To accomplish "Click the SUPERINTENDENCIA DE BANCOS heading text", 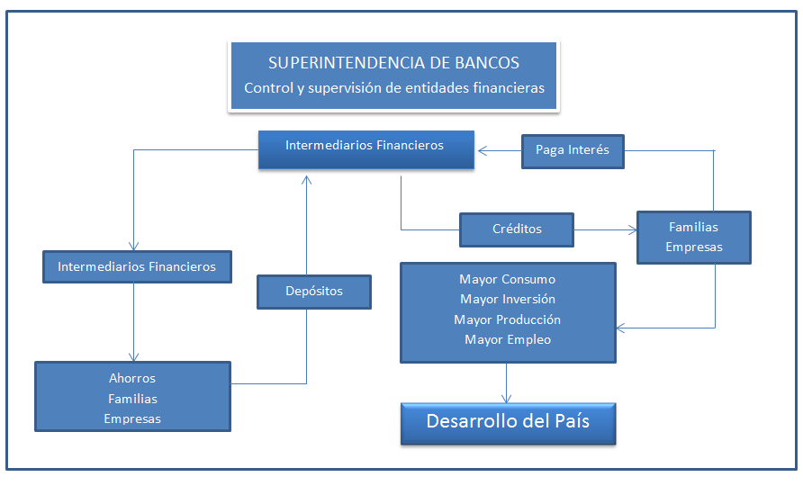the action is [393, 63].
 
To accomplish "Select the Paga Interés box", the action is [573, 151].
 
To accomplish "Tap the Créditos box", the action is [516, 229].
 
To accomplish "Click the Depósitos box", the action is [314, 292].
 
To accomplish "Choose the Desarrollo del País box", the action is [508, 424].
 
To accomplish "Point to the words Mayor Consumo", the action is [507, 279].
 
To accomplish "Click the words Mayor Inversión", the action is [508, 299].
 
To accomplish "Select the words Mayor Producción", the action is [507, 319].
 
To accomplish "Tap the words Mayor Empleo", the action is [508, 339].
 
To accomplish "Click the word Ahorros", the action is [132, 379].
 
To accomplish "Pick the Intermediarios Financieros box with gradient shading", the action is [366, 149].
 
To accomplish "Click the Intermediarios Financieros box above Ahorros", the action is [137, 266].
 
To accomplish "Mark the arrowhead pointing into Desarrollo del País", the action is [507, 398].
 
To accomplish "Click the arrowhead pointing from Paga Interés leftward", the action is [483, 150].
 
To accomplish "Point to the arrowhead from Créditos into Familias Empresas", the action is [633, 229].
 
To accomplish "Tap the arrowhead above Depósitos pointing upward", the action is [306, 180].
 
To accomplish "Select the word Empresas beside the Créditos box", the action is [694, 247].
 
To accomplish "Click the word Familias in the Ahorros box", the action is [132, 399].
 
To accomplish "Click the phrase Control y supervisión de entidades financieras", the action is [393, 88].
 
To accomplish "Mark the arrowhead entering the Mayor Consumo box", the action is [620, 328].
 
